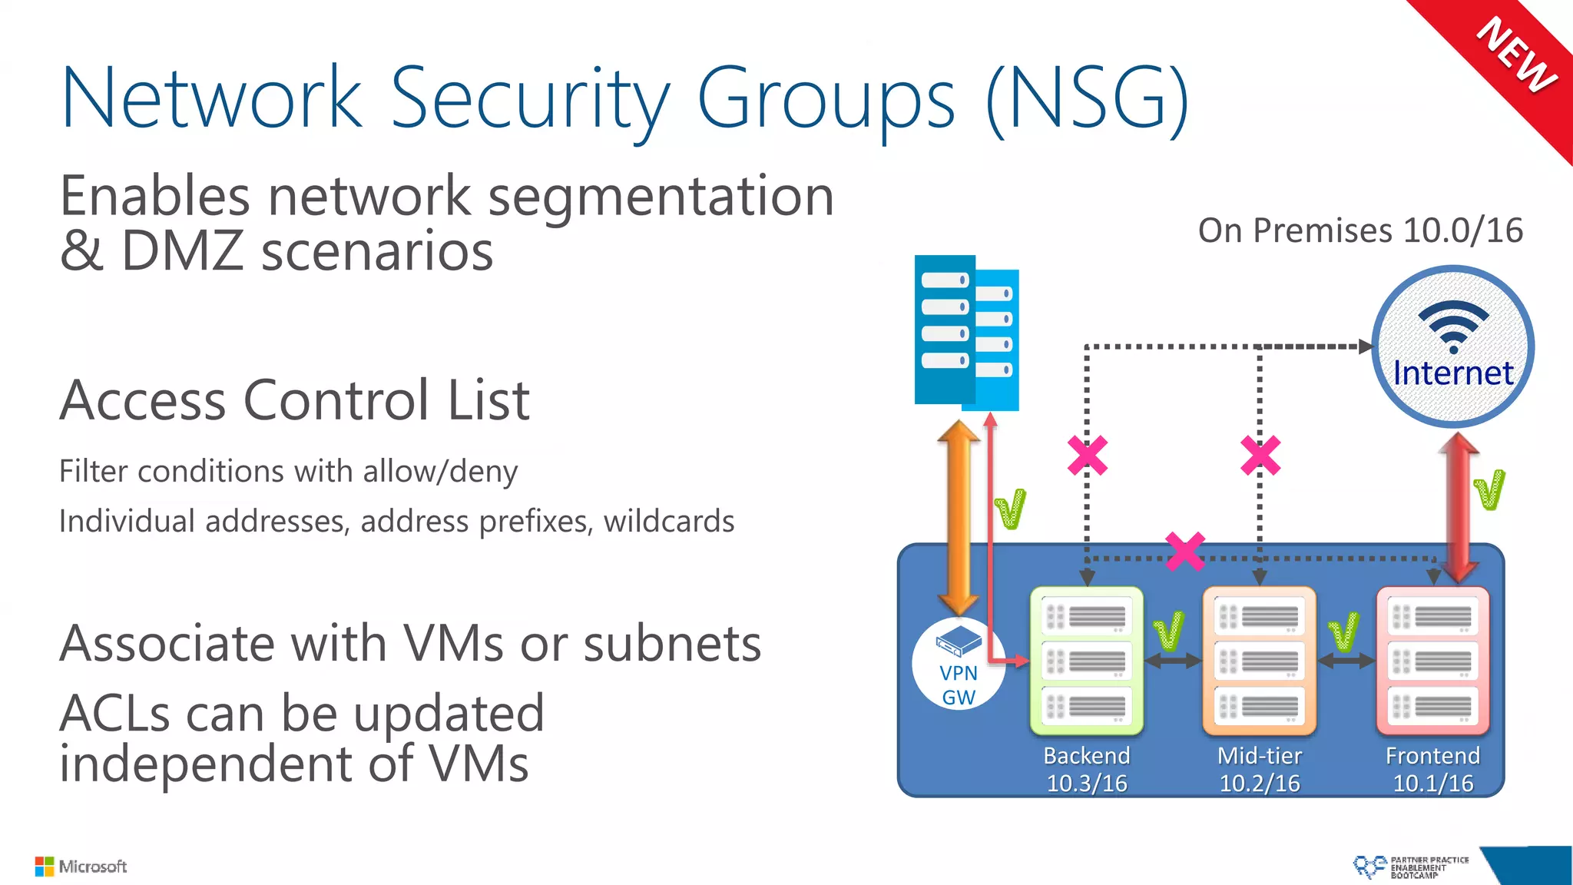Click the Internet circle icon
point(1452,346)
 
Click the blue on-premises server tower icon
point(966,333)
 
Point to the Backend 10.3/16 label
point(1087,769)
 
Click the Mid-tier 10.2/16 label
point(1260,769)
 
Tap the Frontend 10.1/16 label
point(1433,769)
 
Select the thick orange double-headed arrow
point(958,519)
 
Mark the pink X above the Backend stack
point(1088,456)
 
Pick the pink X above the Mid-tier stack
point(1260,456)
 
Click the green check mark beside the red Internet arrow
point(1489,490)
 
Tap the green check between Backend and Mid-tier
point(1169,631)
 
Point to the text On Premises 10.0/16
point(1360,230)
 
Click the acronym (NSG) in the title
point(1087,98)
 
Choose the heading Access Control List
point(295,400)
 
